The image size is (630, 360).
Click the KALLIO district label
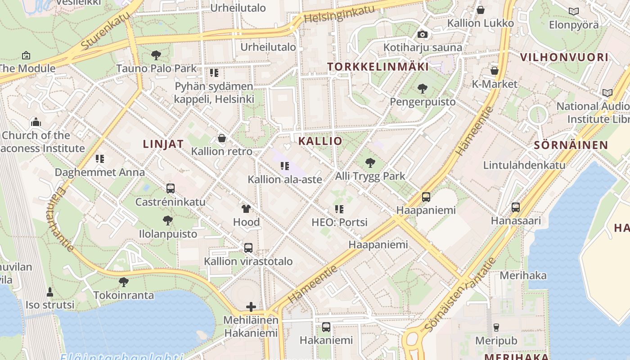click(x=320, y=141)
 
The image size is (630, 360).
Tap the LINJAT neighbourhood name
click(x=163, y=144)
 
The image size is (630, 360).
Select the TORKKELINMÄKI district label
click(x=378, y=67)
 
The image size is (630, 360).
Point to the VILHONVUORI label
click(x=564, y=57)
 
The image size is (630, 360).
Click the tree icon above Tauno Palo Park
click(x=156, y=56)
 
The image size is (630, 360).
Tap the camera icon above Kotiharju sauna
click(x=422, y=35)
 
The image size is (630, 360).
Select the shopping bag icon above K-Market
click(x=494, y=71)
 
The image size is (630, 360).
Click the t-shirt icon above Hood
click(x=246, y=209)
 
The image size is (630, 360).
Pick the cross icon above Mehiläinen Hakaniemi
click(x=251, y=307)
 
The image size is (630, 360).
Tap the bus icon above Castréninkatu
click(x=170, y=189)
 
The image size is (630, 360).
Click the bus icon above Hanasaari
click(x=516, y=207)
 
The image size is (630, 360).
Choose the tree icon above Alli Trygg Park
click(x=370, y=163)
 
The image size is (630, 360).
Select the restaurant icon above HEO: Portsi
click(x=339, y=209)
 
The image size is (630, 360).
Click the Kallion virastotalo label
click(x=248, y=261)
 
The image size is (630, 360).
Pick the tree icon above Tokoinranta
click(x=124, y=282)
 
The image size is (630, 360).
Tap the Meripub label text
click(x=496, y=341)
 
